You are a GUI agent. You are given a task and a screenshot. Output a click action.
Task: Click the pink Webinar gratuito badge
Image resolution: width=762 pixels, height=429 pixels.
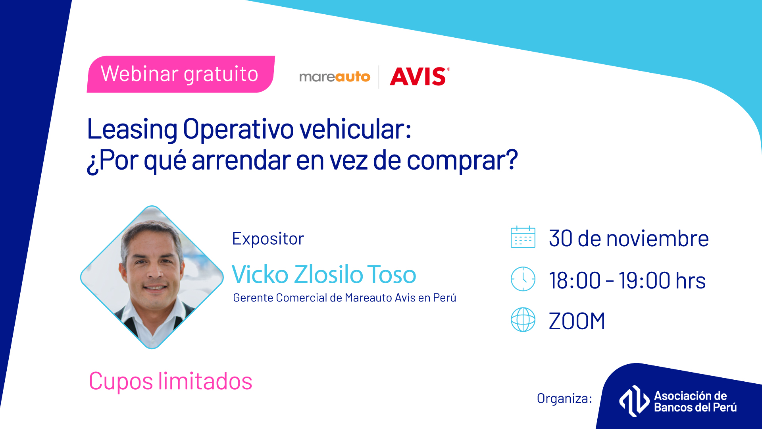tap(181, 74)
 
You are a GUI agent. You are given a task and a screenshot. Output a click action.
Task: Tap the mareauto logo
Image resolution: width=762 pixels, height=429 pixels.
tap(335, 76)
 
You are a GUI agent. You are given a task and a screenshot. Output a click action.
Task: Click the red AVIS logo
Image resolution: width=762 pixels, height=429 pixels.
tap(420, 76)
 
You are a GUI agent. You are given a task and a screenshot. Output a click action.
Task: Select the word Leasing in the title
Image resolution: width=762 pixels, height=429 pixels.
tap(132, 130)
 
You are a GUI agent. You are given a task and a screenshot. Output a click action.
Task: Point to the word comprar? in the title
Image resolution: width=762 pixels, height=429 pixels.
tap(462, 161)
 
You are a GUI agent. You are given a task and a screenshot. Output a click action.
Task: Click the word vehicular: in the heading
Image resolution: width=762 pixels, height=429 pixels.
tap(356, 129)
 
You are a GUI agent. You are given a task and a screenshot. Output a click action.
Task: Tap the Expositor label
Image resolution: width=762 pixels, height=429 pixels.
tap(268, 239)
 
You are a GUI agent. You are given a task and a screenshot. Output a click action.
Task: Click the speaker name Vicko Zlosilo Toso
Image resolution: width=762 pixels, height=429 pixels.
tap(324, 274)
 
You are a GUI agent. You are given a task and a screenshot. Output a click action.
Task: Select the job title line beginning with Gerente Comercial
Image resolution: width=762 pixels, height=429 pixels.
tap(344, 298)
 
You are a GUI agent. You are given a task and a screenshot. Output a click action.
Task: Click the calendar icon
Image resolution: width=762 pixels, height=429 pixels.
tap(523, 237)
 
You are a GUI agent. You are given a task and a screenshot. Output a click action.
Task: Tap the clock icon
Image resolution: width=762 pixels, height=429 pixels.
tap(523, 279)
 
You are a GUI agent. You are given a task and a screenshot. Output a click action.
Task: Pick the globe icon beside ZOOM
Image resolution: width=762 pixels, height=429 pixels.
tap(523, 319)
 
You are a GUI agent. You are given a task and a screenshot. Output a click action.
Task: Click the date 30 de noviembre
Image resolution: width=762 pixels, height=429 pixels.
tap(629, 238)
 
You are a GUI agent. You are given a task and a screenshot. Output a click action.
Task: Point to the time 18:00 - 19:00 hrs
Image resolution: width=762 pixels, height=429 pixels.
tap(627, 280)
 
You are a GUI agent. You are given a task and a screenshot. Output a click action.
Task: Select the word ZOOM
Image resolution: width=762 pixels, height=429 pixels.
tap(577, 321)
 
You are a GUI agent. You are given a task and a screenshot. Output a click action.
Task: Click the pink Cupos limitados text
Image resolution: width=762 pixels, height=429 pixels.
tap(171, 381)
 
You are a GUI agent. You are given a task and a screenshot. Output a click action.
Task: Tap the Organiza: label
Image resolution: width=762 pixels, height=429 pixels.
tap(564, 398)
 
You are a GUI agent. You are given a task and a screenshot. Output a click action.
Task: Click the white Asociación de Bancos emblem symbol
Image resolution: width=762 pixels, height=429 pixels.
tap(634, 401)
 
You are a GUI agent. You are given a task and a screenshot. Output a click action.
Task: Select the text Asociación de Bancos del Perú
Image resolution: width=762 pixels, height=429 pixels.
tap(695, 402)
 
